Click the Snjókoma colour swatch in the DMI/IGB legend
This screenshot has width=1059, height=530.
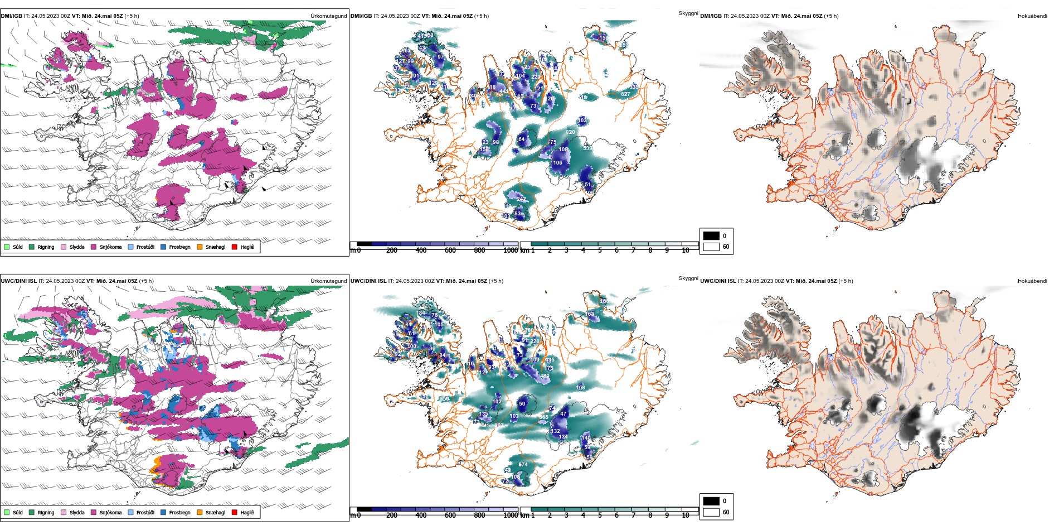(94, 247)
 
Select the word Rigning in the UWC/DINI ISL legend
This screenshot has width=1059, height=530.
(46, 512)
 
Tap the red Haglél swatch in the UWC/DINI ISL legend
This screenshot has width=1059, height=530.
(235, 512)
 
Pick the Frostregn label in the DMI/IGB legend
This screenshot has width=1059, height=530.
(179, 247)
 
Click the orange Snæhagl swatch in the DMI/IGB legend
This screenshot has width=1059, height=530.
(200, 247)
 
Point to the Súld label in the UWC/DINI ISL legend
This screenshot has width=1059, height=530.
(18, 512)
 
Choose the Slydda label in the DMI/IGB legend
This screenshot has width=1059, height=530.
(77, 247)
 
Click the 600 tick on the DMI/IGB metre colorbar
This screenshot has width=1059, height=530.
(450, 250)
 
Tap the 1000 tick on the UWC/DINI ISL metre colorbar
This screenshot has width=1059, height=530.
(511, 515)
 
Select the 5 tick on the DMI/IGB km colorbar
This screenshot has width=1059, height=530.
(600, 250)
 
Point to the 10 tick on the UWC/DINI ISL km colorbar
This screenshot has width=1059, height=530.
(686, 515)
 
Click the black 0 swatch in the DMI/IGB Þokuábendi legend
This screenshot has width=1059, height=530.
(711, 236)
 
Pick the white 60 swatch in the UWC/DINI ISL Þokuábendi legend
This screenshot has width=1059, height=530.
(711, 512)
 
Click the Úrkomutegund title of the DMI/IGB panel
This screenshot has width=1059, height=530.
(328, 16)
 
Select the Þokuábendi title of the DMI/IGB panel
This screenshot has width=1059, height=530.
(1032, 16)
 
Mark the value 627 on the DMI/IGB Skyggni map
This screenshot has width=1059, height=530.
(625, 94)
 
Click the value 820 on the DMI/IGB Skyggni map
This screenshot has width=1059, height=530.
(570, 132)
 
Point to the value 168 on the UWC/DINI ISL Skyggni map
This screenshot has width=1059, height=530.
(581, 387)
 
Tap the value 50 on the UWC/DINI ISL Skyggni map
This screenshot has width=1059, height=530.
(522, 403)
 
